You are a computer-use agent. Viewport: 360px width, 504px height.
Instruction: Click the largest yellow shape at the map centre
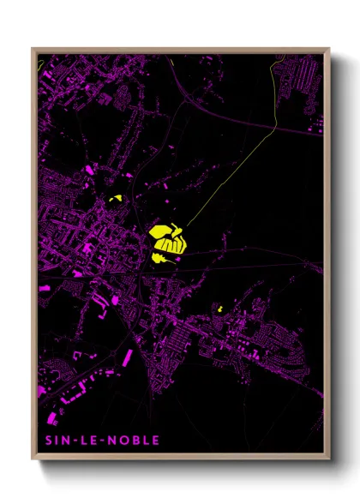coord(168,237)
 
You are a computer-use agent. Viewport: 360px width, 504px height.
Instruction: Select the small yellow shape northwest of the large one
coord(116,200)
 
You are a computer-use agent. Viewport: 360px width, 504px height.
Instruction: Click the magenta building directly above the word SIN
coord(50,419)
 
